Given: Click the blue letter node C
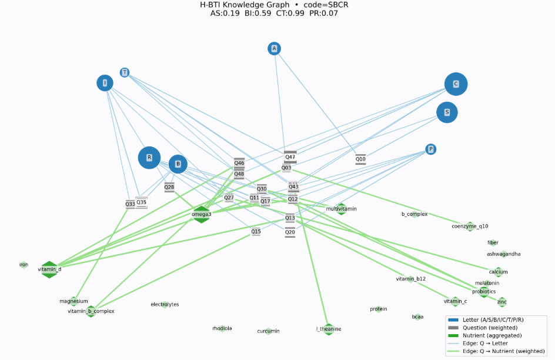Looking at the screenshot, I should point(456,84).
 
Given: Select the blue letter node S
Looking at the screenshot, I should point(447,112).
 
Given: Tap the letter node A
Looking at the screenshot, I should point(274,48).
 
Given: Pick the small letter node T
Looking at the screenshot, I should point(125,72).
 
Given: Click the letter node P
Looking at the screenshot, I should point(431,149).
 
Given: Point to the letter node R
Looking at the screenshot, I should point(149,157).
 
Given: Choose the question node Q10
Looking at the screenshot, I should point(360,159).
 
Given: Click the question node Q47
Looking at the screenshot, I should point(290,157).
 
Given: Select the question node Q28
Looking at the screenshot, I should point(169,187).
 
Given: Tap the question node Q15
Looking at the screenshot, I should point(256,232).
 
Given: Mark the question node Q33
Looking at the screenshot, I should point(130,204).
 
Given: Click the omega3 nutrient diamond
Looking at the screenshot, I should point(202,214).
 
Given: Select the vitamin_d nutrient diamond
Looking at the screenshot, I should point(49,269).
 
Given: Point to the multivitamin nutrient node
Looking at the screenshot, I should point(341,209).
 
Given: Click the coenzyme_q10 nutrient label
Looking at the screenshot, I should point(470,226).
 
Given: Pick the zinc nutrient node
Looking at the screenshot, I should point(501,302).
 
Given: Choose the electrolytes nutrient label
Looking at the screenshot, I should point(165,304).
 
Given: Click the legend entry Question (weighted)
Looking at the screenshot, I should point(490,328).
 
